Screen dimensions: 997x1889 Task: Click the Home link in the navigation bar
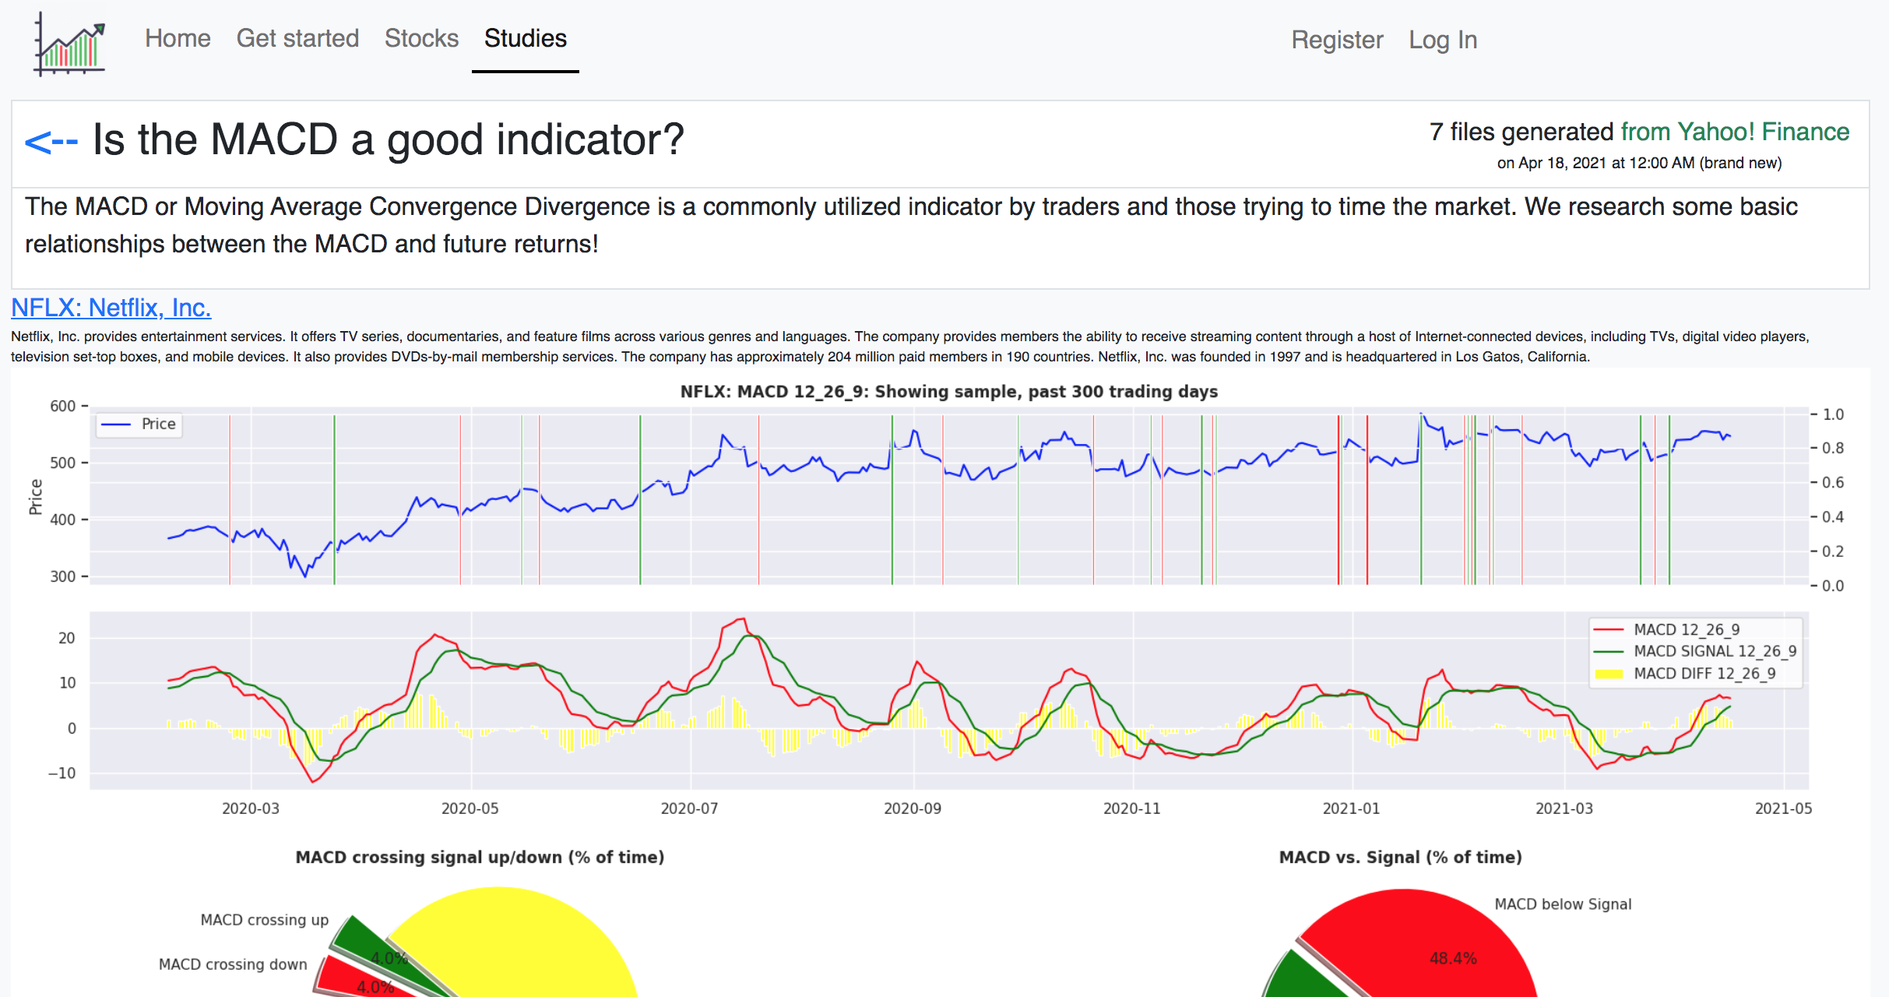178,39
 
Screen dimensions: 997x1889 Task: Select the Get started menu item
297,39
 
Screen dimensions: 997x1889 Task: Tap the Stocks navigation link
421,39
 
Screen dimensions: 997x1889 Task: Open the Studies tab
526,39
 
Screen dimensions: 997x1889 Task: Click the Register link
1337,41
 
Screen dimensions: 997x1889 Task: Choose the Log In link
1443,41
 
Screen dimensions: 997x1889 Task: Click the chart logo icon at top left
70,45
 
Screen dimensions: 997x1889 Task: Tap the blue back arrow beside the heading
51,142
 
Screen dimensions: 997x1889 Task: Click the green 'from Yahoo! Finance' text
1735,132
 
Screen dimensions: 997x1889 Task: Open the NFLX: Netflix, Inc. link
111,308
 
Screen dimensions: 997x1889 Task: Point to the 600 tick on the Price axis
63,407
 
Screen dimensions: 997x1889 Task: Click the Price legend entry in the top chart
158,425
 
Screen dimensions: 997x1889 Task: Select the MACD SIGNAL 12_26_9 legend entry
1715,651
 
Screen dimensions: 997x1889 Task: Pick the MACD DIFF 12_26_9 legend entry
1704,674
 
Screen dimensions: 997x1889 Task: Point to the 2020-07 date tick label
689,809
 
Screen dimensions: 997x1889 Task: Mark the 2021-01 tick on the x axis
1351,809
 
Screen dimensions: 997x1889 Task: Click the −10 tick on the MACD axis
62,773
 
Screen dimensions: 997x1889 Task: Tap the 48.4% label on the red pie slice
1453,959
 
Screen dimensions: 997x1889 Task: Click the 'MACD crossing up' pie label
265,920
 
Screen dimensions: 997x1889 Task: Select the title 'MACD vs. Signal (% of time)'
1400,858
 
